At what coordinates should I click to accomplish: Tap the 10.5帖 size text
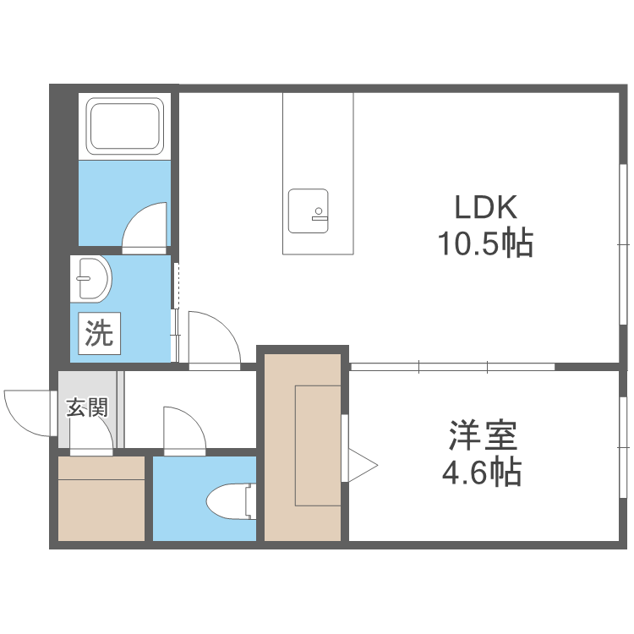(x=484, y=244)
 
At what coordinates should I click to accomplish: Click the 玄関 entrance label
(x=88, y=409)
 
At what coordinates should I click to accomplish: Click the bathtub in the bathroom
(x=125, y=126)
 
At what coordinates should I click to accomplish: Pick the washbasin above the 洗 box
(x=92, y=278)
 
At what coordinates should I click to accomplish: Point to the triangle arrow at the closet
(x=361, y=463)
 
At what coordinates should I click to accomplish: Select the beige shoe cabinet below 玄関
(x=101, y=498)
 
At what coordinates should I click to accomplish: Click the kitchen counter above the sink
(x=318, y=135)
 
